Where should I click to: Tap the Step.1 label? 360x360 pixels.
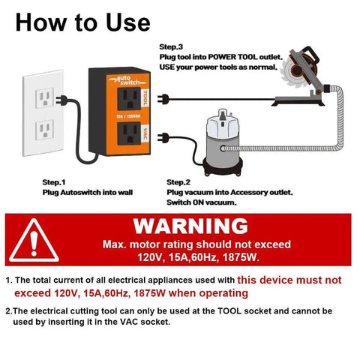(x=54, y=181)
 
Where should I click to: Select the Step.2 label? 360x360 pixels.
(x=178, y=181)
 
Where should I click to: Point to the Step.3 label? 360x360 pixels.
(x=171, y=46)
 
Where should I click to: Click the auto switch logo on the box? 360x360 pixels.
(x=124, y=79)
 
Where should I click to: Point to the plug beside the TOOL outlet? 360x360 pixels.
(x=165, y=98)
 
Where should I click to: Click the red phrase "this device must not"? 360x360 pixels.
(x=289, y=280)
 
